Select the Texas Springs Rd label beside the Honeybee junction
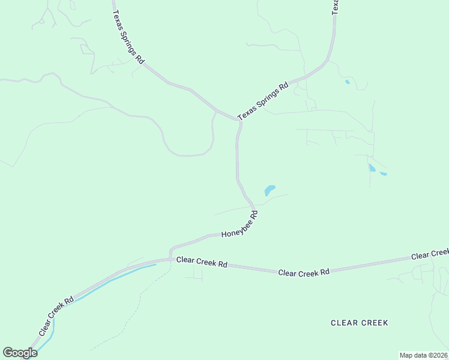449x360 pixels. pyautogui.click(x=263, y=100)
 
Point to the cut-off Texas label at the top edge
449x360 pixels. pyautogui.click(x=336, y=6)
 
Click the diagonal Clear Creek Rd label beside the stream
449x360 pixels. pyautogui.click(x=56, y=316)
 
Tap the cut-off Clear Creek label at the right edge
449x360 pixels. pyautogui.click(x=430, y=255)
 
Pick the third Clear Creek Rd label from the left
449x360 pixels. pyautogui.click(x=304, y=272)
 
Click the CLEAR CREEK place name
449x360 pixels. pyautogui.click(x=360, y=323)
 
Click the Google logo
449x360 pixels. pyautogui.click(x=20, y=353)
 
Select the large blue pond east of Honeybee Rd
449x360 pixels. pyautogui.click(x=270, y=190)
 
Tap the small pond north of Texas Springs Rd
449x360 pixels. pyautogui.click(x=347, y=82)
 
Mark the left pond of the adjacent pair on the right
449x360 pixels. pyautogui.click(x=372, y=168)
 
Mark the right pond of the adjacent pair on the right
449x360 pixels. pyautogui.click(x=384, y=174)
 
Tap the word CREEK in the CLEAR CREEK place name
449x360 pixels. pyautogui.click(x=375, y=323)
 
